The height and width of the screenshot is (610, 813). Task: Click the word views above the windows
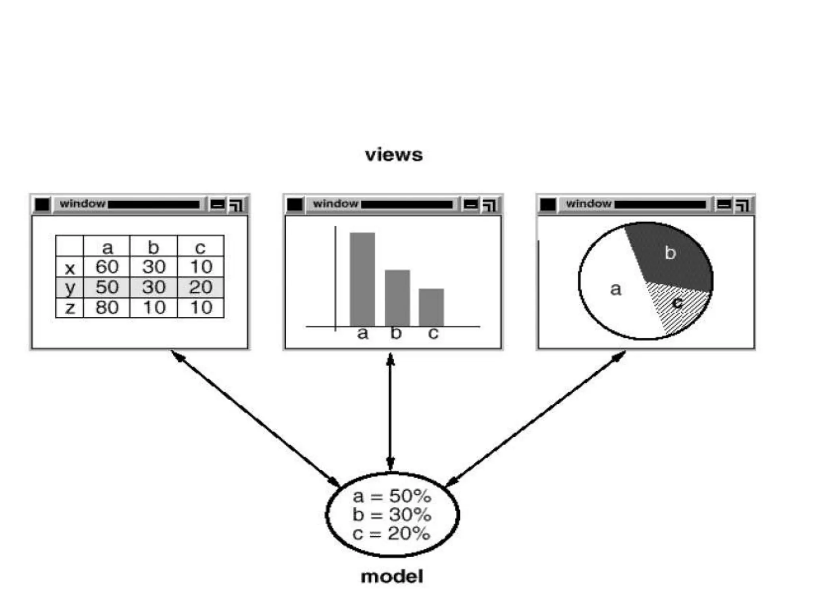(x=394, y=154)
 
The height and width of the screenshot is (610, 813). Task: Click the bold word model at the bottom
(x=392, y=576)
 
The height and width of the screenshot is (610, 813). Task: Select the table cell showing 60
(x=107, y=266)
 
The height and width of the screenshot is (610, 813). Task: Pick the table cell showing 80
(x=107, y=307)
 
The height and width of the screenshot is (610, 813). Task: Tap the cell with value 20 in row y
(x=200, y=287)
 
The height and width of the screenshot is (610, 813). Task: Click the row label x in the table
(x=70, y=268)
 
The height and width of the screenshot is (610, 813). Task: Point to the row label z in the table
(x=70, y=308)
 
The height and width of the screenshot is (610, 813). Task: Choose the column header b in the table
(x=154, y=247)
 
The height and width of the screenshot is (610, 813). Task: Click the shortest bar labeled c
(x=431, y=307)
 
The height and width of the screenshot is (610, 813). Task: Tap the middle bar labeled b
(x=397, y=298)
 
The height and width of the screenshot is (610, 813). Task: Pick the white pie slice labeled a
(x=613, y=290)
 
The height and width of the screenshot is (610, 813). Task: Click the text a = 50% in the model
(x=391, y=496)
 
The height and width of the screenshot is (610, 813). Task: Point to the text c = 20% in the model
(x=391, y=533)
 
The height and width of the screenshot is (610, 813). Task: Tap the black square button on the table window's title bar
(x=42, y=205)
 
